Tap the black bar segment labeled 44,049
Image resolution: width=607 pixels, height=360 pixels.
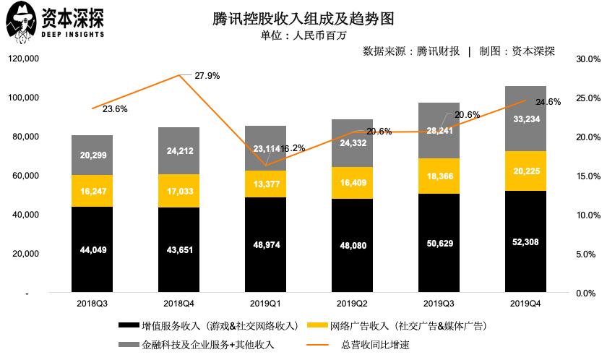tap(92, 249)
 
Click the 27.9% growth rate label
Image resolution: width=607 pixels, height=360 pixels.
tap(207, 75)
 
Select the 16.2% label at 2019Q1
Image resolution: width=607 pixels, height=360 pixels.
tap(292, 147)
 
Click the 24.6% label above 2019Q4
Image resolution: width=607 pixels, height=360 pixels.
tap(548, 102)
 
